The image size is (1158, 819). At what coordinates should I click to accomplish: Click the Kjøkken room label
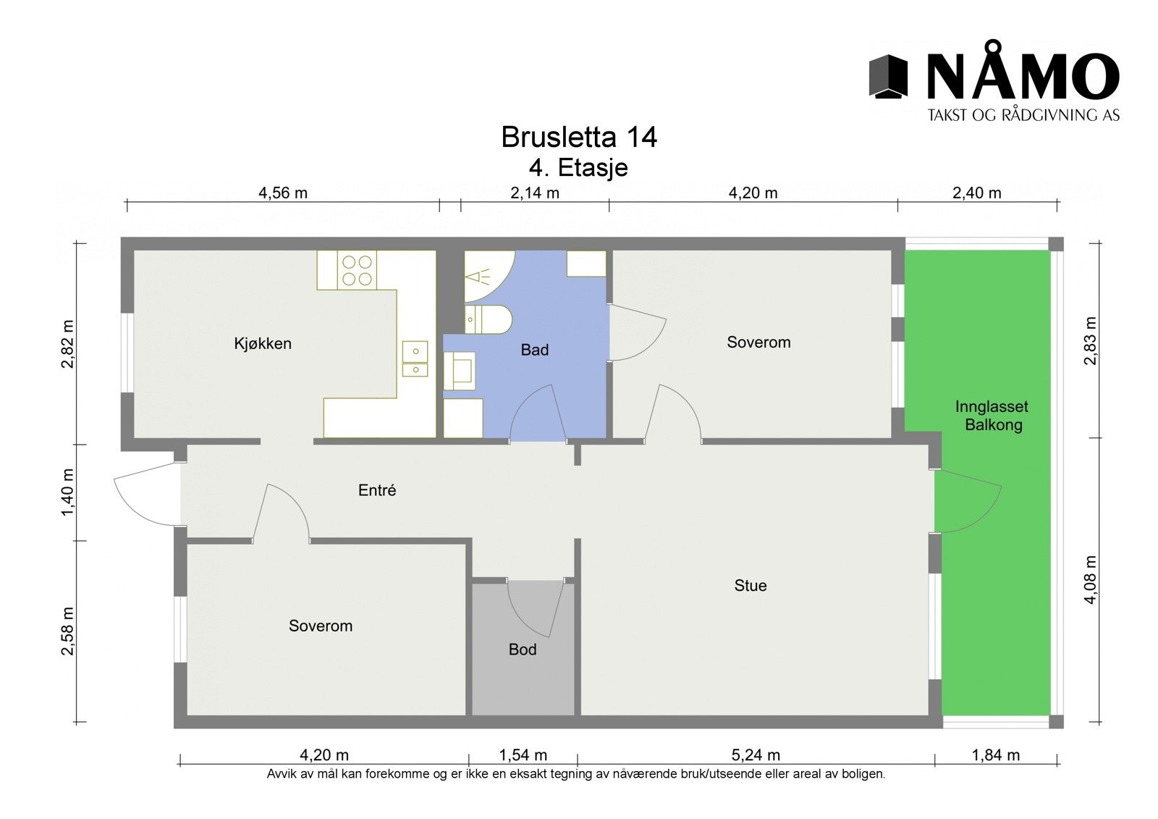[263, 344]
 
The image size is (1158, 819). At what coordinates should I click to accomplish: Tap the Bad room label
[535, 350]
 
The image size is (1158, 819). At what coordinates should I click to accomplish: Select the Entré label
[377, 491]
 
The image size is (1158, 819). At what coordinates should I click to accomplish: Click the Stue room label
[751, 586]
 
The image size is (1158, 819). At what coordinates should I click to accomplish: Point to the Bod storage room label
[523, 650]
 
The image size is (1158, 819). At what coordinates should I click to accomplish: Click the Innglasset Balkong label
[992, 416]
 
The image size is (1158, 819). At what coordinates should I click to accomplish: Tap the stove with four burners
[357, 270]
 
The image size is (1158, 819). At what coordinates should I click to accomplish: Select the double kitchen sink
[415, 360]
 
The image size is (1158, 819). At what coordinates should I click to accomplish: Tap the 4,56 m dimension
[283, 193]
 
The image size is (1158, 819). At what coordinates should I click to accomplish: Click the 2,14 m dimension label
[535, 193]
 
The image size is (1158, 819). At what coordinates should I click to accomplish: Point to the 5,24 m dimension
[756, 756]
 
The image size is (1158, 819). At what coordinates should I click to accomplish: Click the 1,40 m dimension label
[68, 492]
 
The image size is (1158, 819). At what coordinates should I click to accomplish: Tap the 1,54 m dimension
[523, 756]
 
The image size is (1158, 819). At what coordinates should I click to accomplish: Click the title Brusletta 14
[578, 138]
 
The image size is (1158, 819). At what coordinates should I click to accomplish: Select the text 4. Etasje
[578, 168]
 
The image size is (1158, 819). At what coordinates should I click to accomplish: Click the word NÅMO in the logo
[1023, 77]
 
